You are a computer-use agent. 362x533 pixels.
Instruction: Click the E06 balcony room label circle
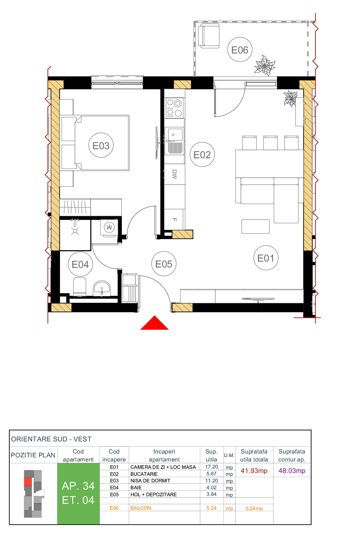click(x=239, y=50)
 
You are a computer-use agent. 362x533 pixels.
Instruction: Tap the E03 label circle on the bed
click(x=101, y=145)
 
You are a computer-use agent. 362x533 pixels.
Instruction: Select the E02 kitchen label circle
click(x=202, y=154)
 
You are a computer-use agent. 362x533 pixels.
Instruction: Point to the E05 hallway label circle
click(x=164, y=264)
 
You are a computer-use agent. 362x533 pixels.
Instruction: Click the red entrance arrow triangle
click(x=154, y=323)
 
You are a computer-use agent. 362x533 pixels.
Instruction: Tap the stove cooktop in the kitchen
click(x=175, y=108)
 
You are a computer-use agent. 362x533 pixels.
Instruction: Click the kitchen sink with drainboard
click(x=175, y=141)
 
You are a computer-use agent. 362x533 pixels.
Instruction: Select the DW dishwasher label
click(x=174, y=174)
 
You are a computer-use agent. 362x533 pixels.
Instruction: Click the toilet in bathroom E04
click(x=79, y=287)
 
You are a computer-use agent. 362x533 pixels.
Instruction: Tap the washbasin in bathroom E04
click(x=102, y=288)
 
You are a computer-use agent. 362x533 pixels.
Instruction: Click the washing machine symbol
click(x=109, y=228)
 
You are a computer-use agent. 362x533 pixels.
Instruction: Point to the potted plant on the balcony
click(x=265, y=66)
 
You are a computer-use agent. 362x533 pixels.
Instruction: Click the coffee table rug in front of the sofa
click(x=255, y=226)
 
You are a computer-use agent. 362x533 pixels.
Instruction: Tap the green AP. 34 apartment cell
click(x=78, y=493)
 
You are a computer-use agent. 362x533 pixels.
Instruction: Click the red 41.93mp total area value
click(x=254, y=471)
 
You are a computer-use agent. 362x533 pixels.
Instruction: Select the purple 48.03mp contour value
click(x=292, y=471)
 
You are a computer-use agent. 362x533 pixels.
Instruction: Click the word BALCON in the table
click(x=141, y=508)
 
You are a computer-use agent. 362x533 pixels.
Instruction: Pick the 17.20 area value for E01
click(x=211, y=467)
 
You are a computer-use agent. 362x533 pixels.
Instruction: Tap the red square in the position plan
click(x=28, y=482)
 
